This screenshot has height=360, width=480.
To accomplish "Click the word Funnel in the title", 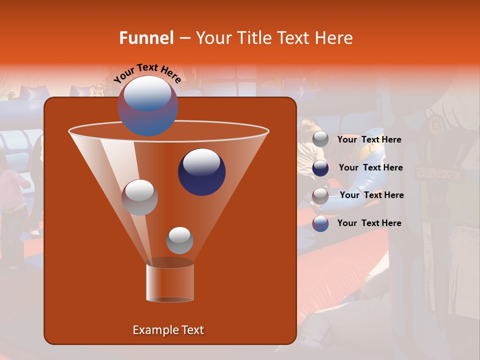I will tap(146, 38).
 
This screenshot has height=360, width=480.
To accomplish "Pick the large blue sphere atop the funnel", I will tap(147, 106).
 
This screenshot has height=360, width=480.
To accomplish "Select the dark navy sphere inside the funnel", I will tap(202, 172).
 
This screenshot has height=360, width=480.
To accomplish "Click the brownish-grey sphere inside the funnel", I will tap(139, 197).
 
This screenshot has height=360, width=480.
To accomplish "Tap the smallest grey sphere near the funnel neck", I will tap(179, 240).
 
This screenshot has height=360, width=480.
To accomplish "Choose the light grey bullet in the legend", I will tap(320, 139).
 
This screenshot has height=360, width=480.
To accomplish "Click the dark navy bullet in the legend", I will tap(320, 168).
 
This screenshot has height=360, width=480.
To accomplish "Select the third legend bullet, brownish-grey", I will tap(320, 195).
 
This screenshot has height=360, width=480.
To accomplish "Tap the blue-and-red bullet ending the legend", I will tap(320, 223).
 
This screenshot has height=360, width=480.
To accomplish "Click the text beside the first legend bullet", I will tap(369, 139).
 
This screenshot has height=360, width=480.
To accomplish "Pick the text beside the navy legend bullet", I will tap(370, 167).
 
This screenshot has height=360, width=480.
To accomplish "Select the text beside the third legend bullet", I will tap(371, 195).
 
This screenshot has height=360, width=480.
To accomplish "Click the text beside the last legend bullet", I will tap(369, 223).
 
